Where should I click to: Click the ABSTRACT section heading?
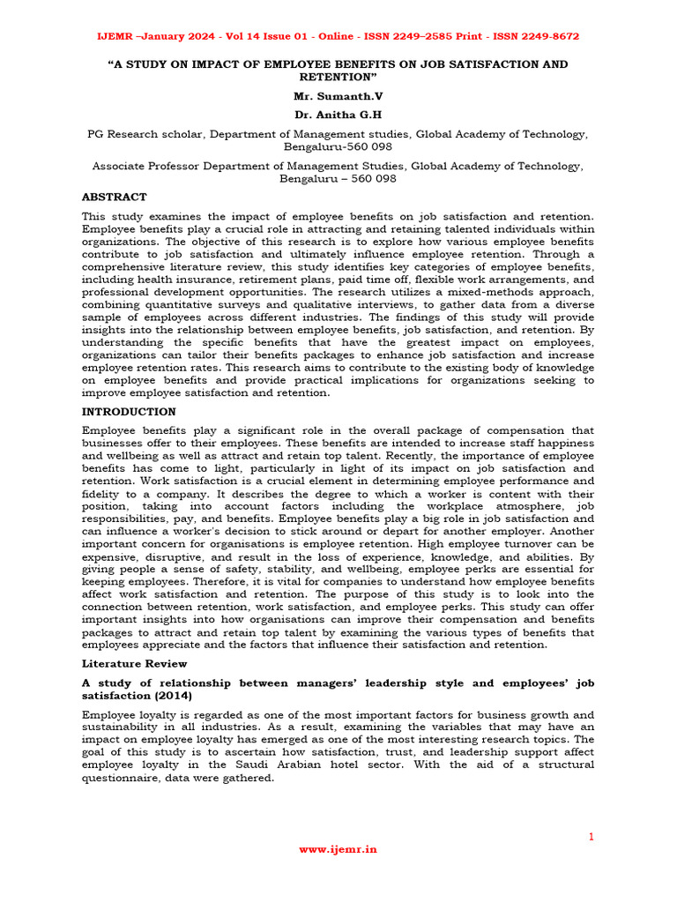pyautogui.click(x=114, y=197)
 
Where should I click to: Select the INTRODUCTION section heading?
pyautogui.click(x=129, y=412)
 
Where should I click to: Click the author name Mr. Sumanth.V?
pyautogui.click(x=338, y=96)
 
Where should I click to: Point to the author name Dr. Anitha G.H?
pyautogui.click(x=338, y=115)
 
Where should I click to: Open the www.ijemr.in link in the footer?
pyautogui.click(x=338, y=849)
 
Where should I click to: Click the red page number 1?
pyautogui.click(x=591, y=836)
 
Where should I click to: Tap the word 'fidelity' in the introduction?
pyautogui.click(x=103, y=494)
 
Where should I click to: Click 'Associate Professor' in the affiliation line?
pyautogui.click(x=145, y=166)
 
